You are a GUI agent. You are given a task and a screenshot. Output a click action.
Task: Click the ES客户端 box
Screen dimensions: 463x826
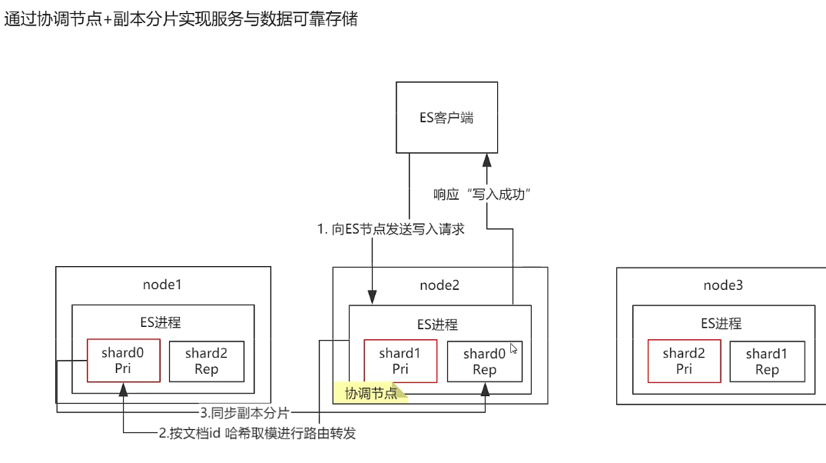click(x=446, y=118)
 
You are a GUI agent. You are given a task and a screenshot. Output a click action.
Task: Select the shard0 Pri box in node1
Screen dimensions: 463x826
click(x=123, y=361)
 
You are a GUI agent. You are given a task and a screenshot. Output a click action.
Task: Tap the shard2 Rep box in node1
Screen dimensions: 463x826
click(x=206, y=361)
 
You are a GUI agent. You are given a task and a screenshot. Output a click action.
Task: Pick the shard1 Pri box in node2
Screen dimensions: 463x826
click(x=400, y=361)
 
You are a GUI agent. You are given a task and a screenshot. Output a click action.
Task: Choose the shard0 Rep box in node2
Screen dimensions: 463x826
click(x=484, y=361)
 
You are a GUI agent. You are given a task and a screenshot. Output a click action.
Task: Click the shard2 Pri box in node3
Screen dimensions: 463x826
click(x=684, y=361)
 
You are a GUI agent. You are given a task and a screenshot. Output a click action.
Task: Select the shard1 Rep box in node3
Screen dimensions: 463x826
click(x=767, y=361)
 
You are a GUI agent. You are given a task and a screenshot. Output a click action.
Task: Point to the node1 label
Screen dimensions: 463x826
click(x=162, y=285)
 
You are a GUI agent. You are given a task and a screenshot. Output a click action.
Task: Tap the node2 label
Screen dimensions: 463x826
click(x=440, y=286)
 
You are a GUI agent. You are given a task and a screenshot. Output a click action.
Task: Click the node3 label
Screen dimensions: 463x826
click(x=723, y=286)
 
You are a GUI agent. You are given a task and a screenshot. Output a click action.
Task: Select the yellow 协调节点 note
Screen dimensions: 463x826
click(x=370, y=394)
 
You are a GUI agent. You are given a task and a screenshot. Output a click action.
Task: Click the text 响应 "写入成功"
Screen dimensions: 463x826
click(x=483, y=195)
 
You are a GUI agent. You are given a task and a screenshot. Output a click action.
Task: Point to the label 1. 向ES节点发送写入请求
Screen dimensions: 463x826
click(x=391, y=229)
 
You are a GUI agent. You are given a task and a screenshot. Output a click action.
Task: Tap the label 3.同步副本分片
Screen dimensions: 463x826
click(x=245, y=412)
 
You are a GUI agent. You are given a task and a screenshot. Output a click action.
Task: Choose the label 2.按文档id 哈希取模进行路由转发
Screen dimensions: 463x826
click(x=257, y=434)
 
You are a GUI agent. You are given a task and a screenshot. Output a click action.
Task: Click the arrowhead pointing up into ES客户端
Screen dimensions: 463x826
click(x=486, y=160)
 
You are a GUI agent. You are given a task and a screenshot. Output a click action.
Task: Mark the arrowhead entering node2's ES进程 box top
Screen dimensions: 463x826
click(x=373, y=298)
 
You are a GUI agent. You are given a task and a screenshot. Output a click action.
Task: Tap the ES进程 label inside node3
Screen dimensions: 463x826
click(x=723, y=324)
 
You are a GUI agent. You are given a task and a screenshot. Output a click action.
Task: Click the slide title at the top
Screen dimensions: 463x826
click(x=181, y=19)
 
